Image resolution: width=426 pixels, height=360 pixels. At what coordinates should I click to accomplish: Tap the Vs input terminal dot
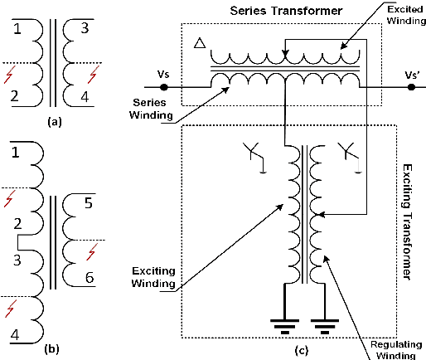click(x=164, y=86)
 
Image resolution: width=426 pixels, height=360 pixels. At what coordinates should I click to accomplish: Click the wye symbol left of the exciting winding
click(x=254, y=155)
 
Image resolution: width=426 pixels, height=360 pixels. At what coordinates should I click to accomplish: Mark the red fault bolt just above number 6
click(x=92, y=251)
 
